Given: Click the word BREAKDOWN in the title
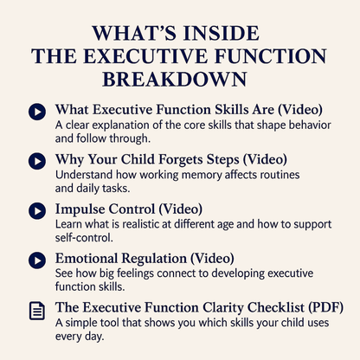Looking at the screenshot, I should coord(179,79).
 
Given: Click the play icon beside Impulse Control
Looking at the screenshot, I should coord(37,210).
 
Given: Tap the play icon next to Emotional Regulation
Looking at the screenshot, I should coord(37,260).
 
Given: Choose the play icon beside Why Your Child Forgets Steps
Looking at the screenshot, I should coord(37,161).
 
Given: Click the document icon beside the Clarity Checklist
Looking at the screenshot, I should coord(37,310).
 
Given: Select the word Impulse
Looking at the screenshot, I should coord(83,209).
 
